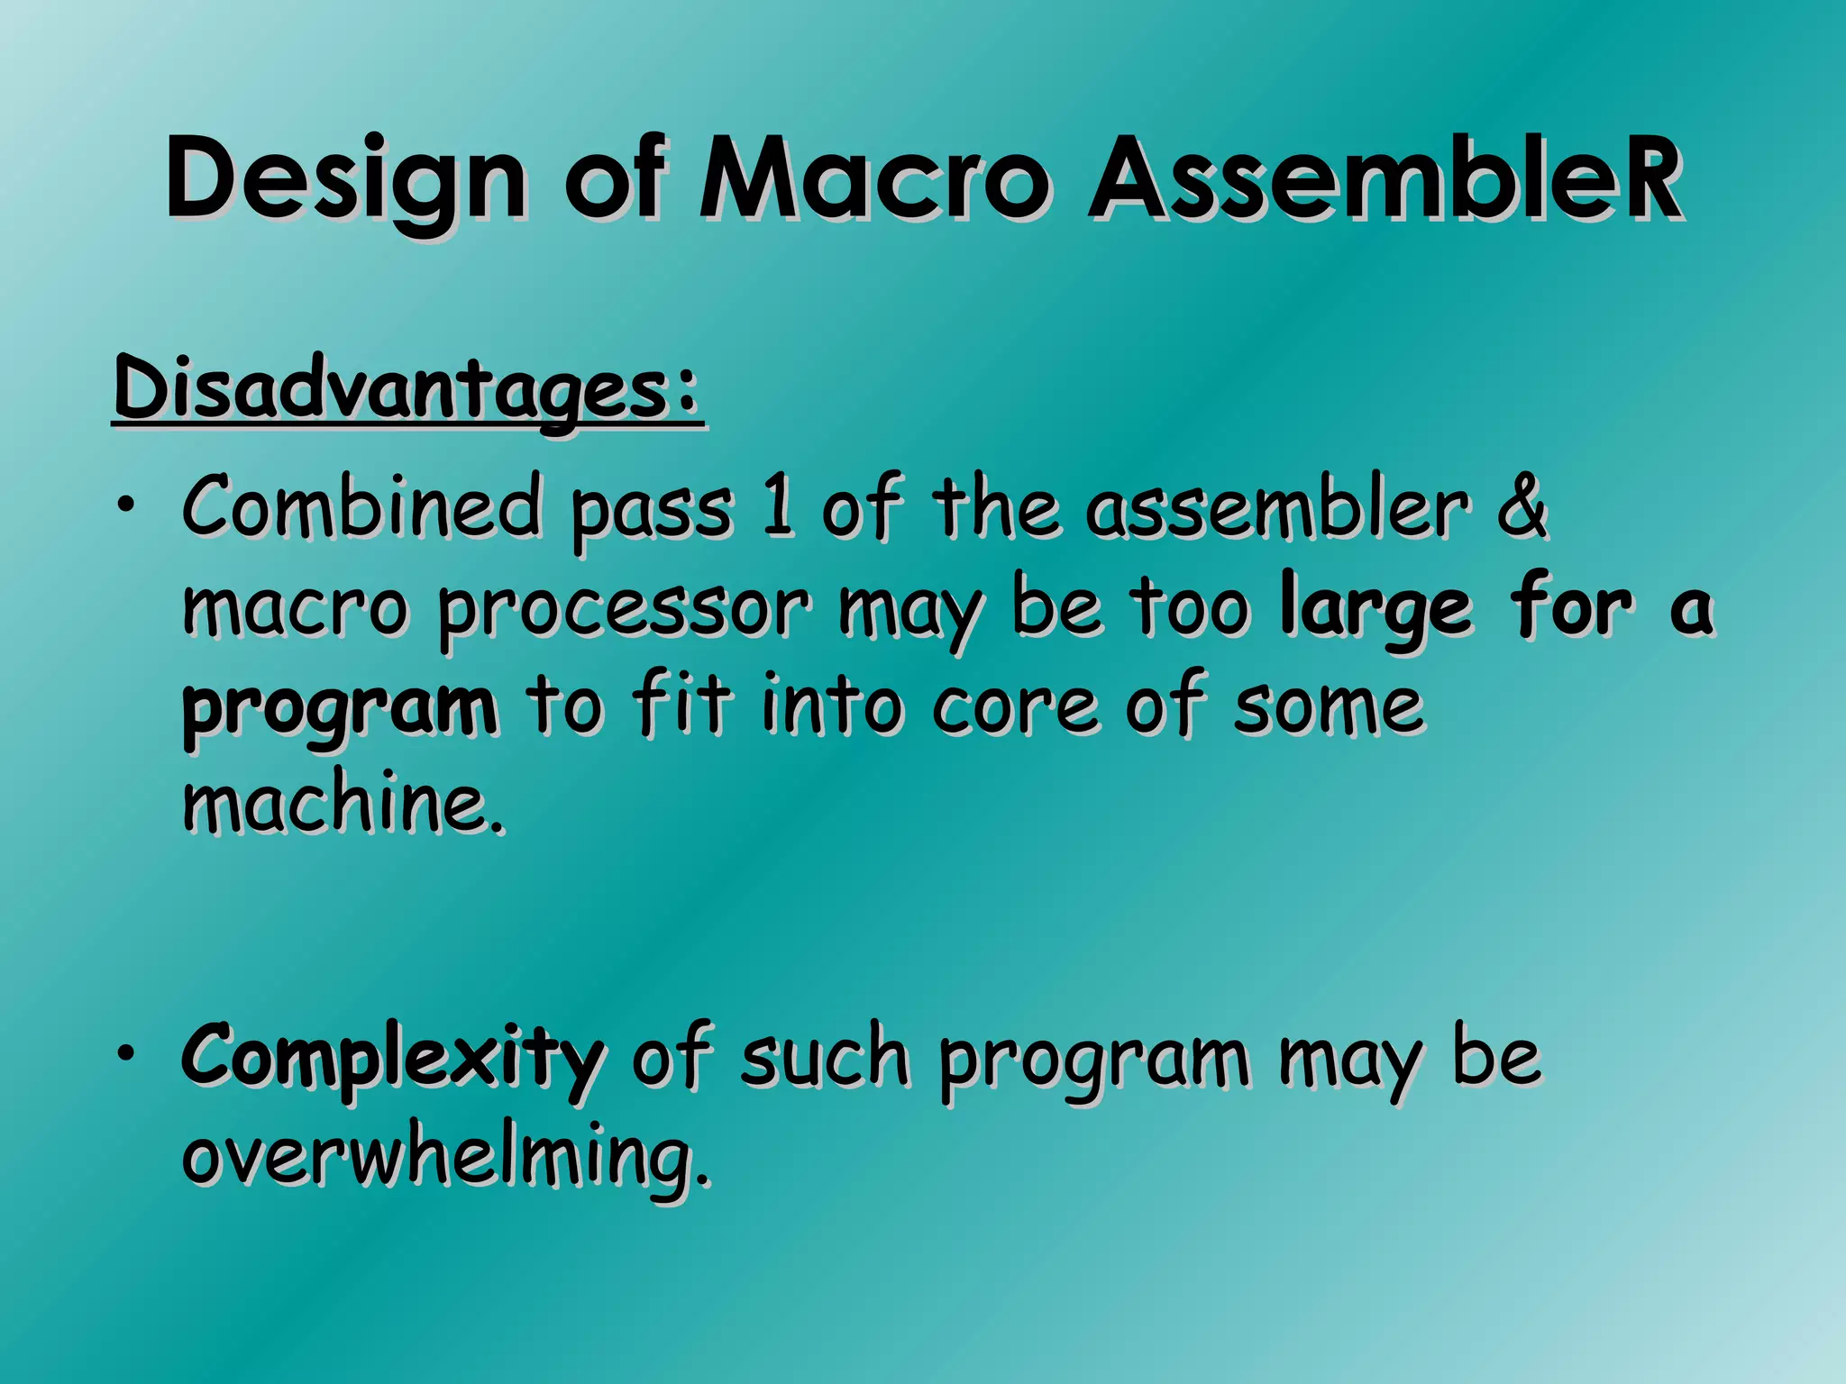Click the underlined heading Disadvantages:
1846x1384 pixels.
pos(407,389)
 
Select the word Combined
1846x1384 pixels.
pos(361,507)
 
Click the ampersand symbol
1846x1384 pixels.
pos(1522,507)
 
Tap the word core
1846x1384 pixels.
pos(1015,707)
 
